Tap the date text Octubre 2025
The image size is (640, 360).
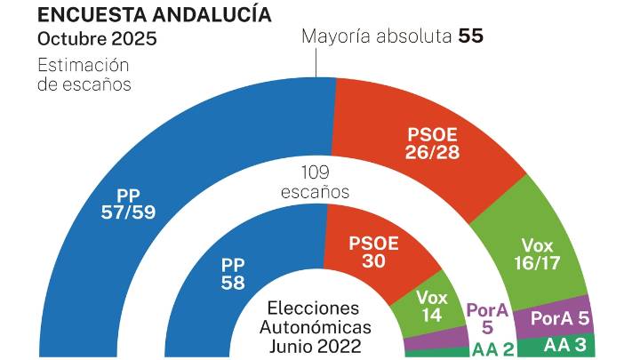point(97,39)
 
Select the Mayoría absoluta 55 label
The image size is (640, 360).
point(392,37)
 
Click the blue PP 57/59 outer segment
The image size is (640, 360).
point(133,204)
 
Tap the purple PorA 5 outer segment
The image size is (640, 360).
point(560,316)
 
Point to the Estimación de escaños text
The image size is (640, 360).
point(84,75)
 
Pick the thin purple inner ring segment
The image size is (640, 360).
point(436,337)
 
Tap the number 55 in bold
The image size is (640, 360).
point(470,37)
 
